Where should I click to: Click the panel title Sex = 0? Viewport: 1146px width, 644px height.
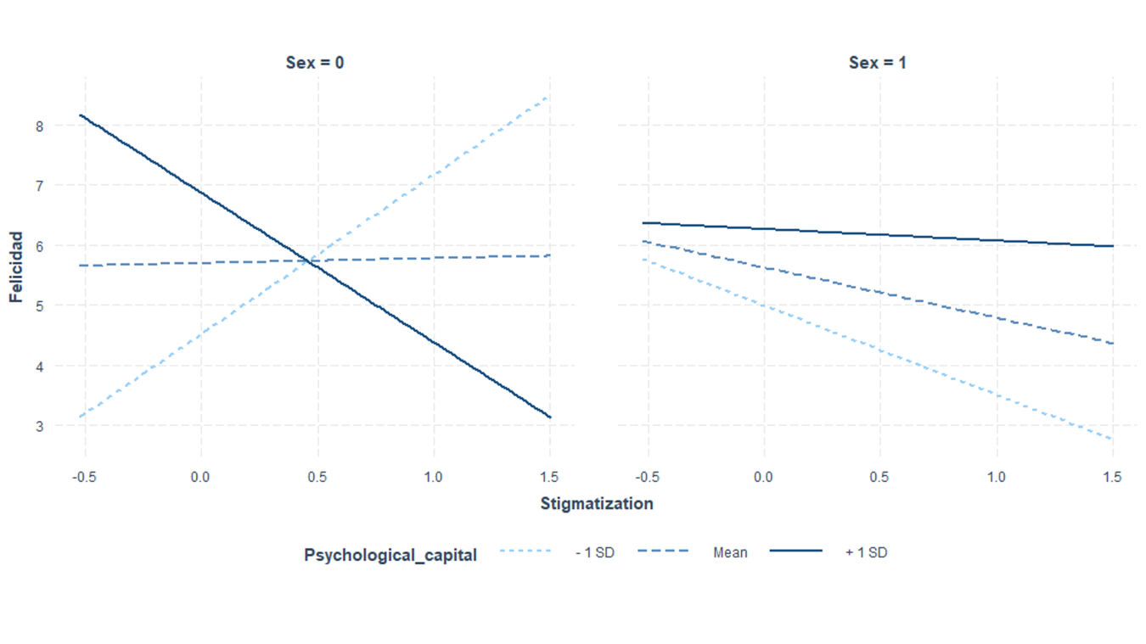click(314, 63)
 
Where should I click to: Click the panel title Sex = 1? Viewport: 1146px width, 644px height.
click(877, 63)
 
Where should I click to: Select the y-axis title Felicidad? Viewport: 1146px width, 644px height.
click(16, 267)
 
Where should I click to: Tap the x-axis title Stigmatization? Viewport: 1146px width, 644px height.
click(597, 504)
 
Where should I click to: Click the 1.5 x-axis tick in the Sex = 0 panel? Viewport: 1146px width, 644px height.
click(550, 477)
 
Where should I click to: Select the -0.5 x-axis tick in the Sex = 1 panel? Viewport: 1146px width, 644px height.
click(647, 477)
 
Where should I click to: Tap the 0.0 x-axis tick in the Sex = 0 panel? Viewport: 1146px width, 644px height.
click(200, 477)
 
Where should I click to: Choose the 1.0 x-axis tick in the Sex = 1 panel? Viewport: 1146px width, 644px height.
click(996, 477)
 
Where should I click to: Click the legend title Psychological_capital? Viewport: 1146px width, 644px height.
click(390, 556)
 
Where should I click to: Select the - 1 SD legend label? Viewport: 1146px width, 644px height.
click(594, 552)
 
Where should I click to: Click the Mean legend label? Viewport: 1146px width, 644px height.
click(730, 552)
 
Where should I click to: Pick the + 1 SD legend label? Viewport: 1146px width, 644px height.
click(866, 552)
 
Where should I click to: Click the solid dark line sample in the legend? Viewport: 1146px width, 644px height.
click(796, 552)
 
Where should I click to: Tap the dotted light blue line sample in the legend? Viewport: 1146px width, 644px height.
click(525, 552)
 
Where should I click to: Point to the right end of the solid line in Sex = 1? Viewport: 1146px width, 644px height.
click(1112, 246)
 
